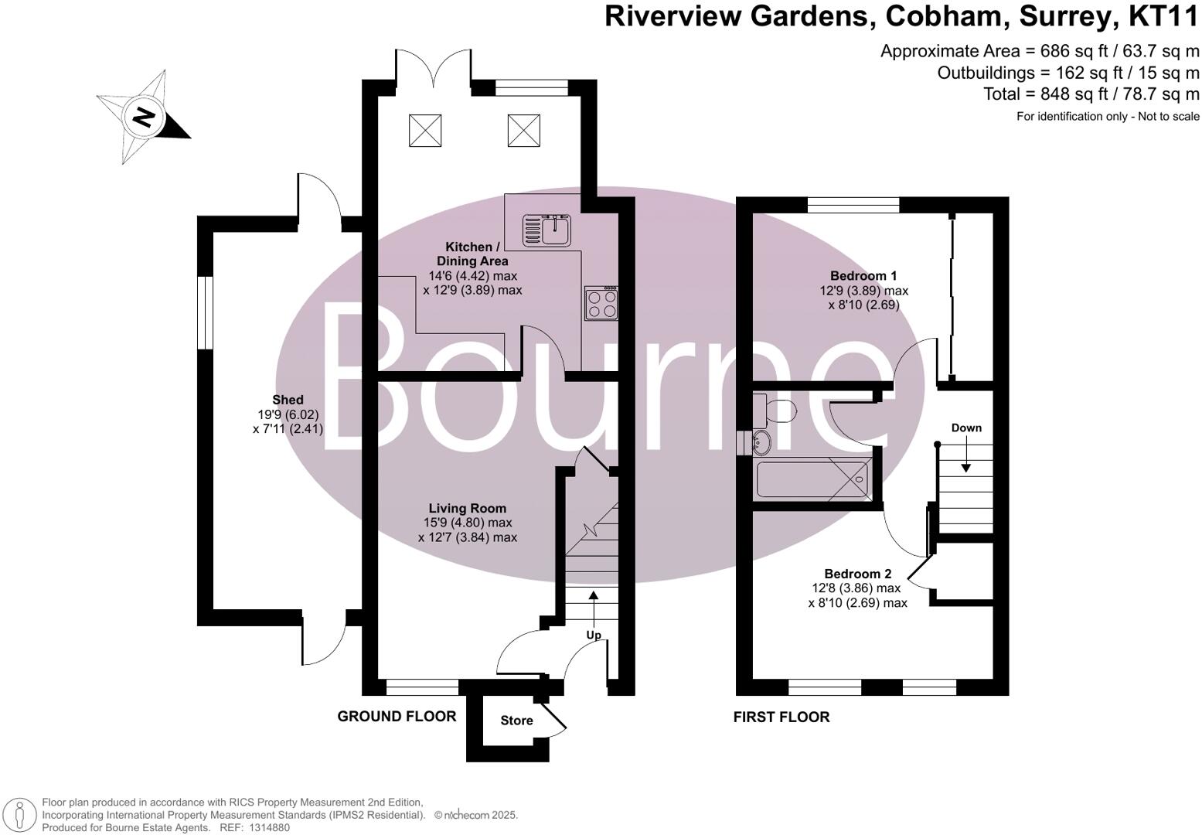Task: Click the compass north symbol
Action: [143, 118]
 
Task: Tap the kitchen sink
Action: [556, 229]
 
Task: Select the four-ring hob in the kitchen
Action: [603, 302]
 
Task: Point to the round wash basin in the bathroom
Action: [761, 444]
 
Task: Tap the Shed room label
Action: [288, 400]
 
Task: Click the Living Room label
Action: [468, 508]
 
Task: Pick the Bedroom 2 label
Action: [857, 574]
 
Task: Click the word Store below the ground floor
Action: [516, 721]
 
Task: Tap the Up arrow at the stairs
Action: [594, 608]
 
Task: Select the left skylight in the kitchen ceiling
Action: [424, 129]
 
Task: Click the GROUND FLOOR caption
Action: [397, 717]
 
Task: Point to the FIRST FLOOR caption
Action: [781, 717]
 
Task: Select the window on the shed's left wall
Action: [205, 312]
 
